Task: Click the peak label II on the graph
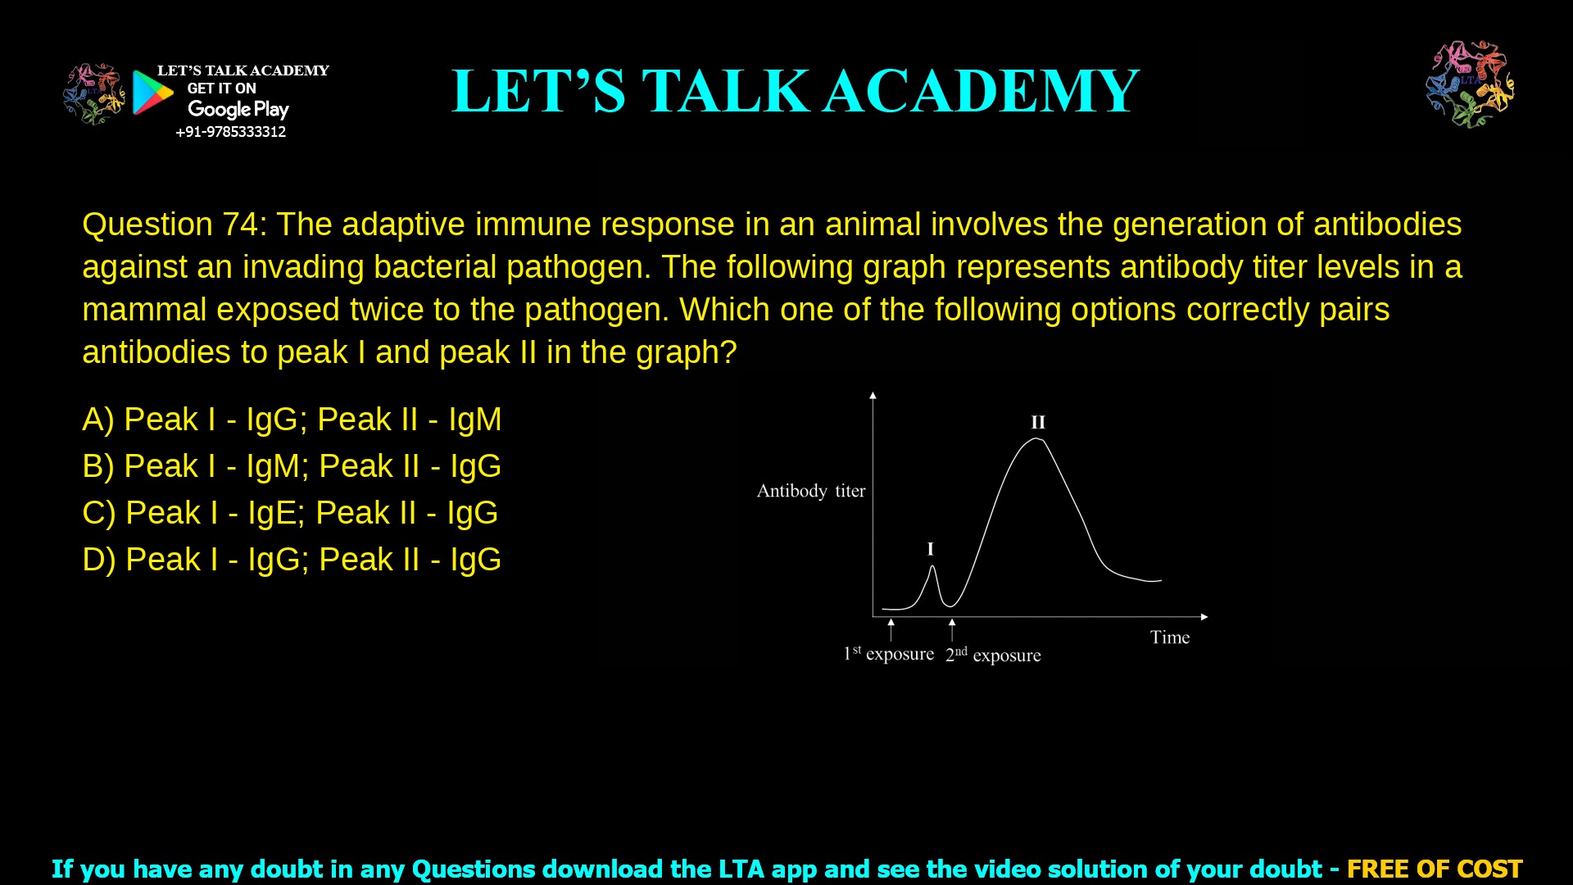coord(1038,422)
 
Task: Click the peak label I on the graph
coord(930,549)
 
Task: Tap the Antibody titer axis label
coord(810,491)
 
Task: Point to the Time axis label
coord(1169,638)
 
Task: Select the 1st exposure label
coord(889,654)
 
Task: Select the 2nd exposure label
coord(993,655)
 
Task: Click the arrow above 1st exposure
coord(891,629)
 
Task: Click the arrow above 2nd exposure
coord(952,629)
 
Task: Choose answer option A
coord(292,420)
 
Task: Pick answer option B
coord(292,466)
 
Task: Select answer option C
coord(290,513)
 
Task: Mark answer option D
coord(292,560)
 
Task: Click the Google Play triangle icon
coord(152,93)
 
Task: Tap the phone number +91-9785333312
coord(230,132)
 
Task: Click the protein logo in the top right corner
coord(1470,84)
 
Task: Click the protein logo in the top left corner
coord(94,94)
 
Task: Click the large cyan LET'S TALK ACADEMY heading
coord(795,91)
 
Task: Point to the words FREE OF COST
coord(1434,869)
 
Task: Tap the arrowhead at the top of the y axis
coord(873,396)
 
